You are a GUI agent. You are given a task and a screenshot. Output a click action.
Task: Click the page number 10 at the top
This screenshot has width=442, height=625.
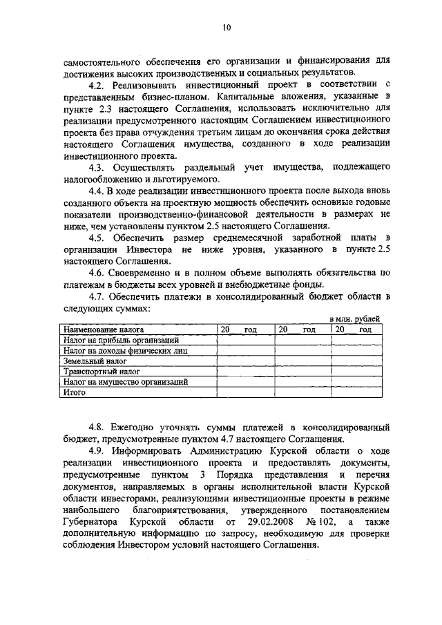[227, 28]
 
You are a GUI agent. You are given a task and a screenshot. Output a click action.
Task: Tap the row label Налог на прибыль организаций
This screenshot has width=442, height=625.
[121, 340]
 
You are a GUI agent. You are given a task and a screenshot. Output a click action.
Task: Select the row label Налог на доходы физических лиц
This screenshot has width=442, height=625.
[126, 351]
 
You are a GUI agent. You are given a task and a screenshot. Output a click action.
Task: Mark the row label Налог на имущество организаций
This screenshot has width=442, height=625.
[126, 382]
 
